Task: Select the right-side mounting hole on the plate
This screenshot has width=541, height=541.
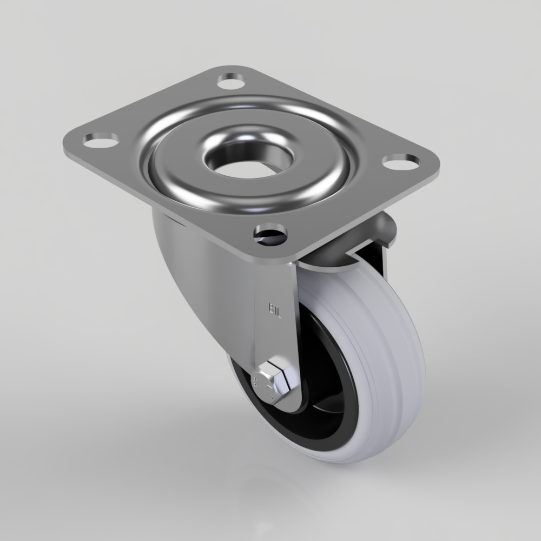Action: click(x=401, y=161)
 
